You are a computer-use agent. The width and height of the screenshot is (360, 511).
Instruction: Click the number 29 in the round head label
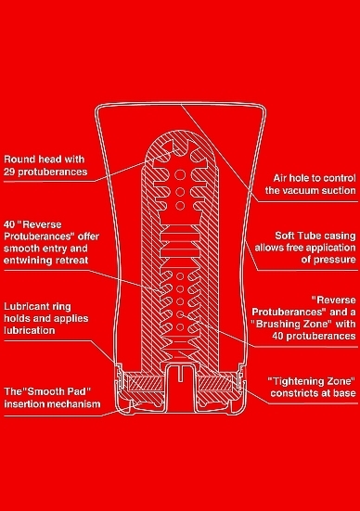(9, 172)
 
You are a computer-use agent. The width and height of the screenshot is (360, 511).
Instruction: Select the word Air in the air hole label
(280, 178)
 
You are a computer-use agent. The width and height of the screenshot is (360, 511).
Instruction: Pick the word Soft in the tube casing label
(285, 236)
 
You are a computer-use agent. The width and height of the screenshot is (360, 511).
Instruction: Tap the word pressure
(336, 260)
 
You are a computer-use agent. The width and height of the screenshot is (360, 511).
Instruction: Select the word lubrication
(30, 330)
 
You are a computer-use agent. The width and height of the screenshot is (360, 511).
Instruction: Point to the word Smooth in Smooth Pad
(45, 391)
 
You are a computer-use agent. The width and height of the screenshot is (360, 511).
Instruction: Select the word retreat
(72, 261)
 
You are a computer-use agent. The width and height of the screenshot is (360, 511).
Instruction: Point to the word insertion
(20, 404)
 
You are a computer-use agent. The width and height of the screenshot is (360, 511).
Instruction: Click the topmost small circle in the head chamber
(180, 175)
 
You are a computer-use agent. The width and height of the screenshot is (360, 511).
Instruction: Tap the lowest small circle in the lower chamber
(180, 326)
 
